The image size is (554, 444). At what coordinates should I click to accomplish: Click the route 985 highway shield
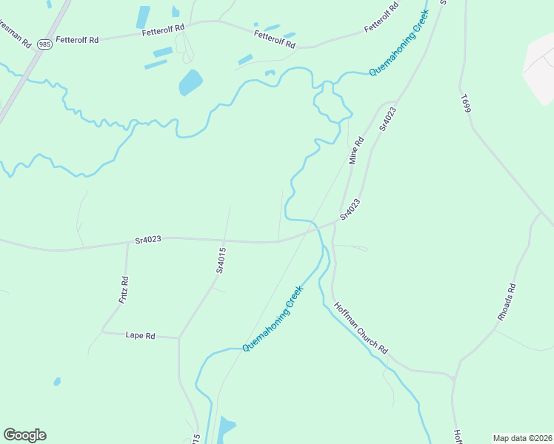tap(46, 43)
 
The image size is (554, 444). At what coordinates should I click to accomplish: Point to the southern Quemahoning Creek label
tap(273, 318)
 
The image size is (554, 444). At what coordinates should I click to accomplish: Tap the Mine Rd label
tap(357, 150)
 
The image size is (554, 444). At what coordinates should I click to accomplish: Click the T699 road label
tap(465, 104)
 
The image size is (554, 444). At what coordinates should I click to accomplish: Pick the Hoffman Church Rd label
tap(361, 328)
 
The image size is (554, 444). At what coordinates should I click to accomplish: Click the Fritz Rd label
tap(124, 290)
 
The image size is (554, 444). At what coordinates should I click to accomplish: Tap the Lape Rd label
tap(140, 335)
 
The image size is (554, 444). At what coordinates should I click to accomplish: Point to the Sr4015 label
tap(221, 260)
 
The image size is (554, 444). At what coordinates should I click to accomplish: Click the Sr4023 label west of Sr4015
tap(148, 239)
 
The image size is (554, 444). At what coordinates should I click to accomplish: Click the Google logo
tap(24, 435)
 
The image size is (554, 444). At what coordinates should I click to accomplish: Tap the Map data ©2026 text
tap(522, 438)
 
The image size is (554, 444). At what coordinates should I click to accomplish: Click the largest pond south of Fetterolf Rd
tap(190, 82)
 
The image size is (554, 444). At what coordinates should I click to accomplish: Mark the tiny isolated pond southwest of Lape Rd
tap(56, 382)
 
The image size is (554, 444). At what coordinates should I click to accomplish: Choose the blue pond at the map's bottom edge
tap(225, 429)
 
